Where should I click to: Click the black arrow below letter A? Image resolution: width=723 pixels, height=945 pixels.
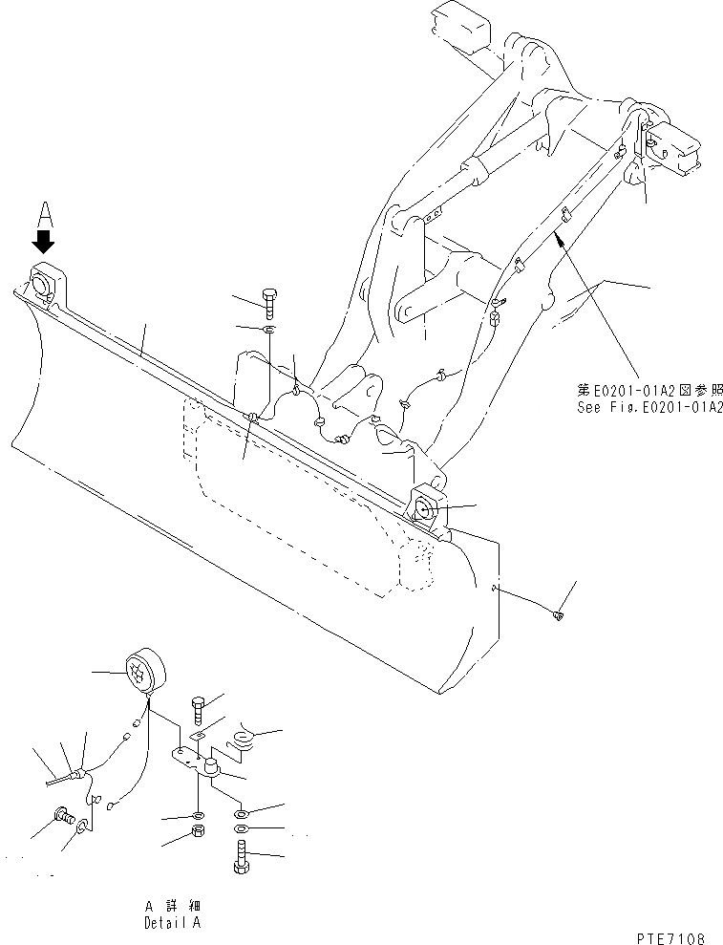(x=43, y=238)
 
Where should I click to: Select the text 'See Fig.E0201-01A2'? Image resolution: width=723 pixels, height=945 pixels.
(x=649, y=406)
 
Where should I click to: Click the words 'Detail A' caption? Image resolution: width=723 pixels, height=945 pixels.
(x=172, y=923)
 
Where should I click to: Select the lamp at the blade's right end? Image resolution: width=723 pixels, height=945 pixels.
(x=426, y=506)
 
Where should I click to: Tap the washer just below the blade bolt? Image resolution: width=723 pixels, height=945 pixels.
(x=270, y=330)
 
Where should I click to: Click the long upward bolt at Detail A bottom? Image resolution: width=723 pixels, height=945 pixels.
(x=240, y=854)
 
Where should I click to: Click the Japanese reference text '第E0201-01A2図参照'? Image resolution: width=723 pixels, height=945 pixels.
(x=649, y=390)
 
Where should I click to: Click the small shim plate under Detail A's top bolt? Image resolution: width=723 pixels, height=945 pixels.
(x=197, y=737)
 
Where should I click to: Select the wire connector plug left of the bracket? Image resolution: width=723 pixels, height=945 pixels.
(x=79, y=770)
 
